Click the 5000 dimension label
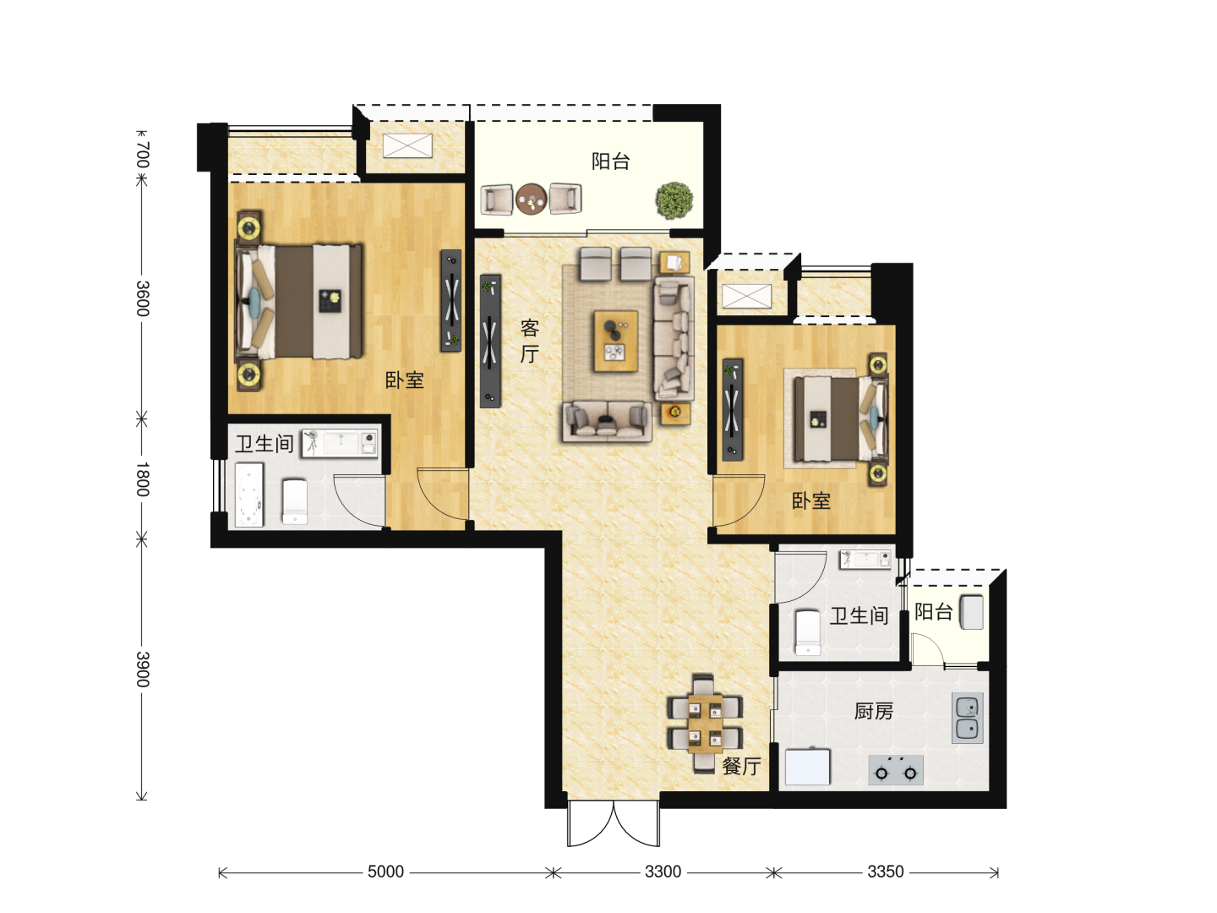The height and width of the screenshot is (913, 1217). click(385, 872)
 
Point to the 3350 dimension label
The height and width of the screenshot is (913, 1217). click(886, 872)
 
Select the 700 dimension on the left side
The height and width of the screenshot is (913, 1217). click(143, 155)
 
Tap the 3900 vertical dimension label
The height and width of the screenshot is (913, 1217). click(143, 669)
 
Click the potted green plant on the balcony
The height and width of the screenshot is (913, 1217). click(674, 200)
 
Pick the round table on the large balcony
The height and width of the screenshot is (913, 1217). click(531, 199)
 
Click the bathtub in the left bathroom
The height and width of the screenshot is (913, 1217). click(249, 495)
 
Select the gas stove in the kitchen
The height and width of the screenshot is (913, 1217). click(895, 769)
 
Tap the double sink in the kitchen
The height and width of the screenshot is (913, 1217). click(968, 718)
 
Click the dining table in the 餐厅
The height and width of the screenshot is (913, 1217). click(705, 724)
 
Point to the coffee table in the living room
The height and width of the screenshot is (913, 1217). click(615, 341)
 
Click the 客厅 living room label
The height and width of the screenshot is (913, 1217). click(530, 341)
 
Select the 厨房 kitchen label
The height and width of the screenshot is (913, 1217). click(873, 711)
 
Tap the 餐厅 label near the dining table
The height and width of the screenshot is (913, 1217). click(740, 767)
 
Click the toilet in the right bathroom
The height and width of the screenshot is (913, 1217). click(807, 632)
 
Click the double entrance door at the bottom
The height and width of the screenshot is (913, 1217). click(614, 823)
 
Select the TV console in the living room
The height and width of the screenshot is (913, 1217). click(490, 341)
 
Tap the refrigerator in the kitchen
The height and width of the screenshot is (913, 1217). click(807, 766)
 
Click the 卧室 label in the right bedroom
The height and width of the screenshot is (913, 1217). click(810, 501)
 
